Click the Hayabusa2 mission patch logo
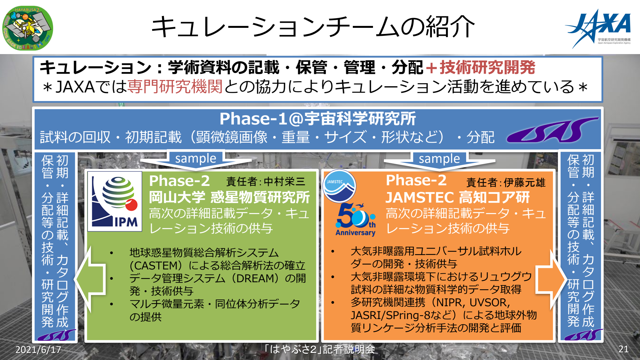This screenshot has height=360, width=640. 28,28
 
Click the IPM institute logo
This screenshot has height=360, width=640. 115,201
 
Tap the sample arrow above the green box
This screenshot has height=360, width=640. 196,160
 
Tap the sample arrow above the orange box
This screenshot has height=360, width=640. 440,160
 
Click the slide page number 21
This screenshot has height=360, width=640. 623,349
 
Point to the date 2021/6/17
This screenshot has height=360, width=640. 38,349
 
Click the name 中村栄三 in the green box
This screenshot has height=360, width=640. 285,181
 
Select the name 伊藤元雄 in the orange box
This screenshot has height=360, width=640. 524,182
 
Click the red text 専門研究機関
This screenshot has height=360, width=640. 175,86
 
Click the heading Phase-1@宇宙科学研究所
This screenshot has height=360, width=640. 318,119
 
